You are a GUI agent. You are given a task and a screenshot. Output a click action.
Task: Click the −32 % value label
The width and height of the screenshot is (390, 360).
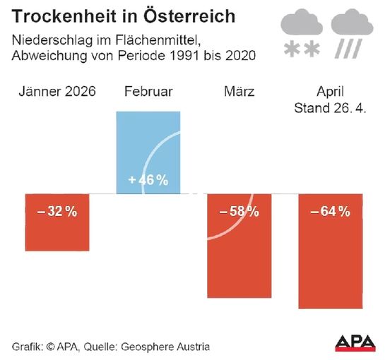click(x=57, y=212)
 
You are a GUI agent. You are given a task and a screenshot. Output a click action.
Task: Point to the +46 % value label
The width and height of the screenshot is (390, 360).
click(x=148, y=181)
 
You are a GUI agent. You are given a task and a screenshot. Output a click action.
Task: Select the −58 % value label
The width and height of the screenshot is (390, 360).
click(x=239, y=212)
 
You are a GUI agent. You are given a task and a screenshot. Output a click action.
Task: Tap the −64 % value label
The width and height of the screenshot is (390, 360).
click(x=330, y=212)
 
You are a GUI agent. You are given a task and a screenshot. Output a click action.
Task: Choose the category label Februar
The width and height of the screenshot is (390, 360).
click(x=148, y=92)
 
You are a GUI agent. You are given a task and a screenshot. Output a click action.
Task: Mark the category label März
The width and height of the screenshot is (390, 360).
click(x=239, y=92)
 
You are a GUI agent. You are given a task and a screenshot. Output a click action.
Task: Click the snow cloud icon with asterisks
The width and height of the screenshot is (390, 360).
click(x=302, y=35)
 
